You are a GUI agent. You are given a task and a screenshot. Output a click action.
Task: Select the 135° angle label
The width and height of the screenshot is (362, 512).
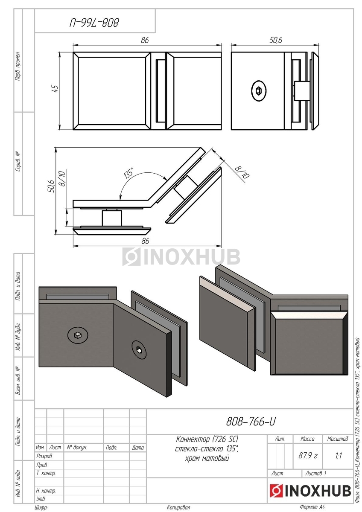coord(128,173)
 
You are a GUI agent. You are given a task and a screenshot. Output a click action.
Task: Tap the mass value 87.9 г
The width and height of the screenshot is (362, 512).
coord(308,456)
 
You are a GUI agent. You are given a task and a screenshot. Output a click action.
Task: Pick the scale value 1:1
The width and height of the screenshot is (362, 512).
coord(339,456)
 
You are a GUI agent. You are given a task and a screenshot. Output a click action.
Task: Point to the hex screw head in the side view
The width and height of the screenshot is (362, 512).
coord(259,91)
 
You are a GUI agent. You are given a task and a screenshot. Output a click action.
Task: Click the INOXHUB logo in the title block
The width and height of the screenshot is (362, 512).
coord(310,491)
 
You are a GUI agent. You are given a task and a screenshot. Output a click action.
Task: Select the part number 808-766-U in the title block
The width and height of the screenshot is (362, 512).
coord(251,422)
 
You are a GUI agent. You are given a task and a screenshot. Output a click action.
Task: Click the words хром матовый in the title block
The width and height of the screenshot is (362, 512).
coord(207,458)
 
